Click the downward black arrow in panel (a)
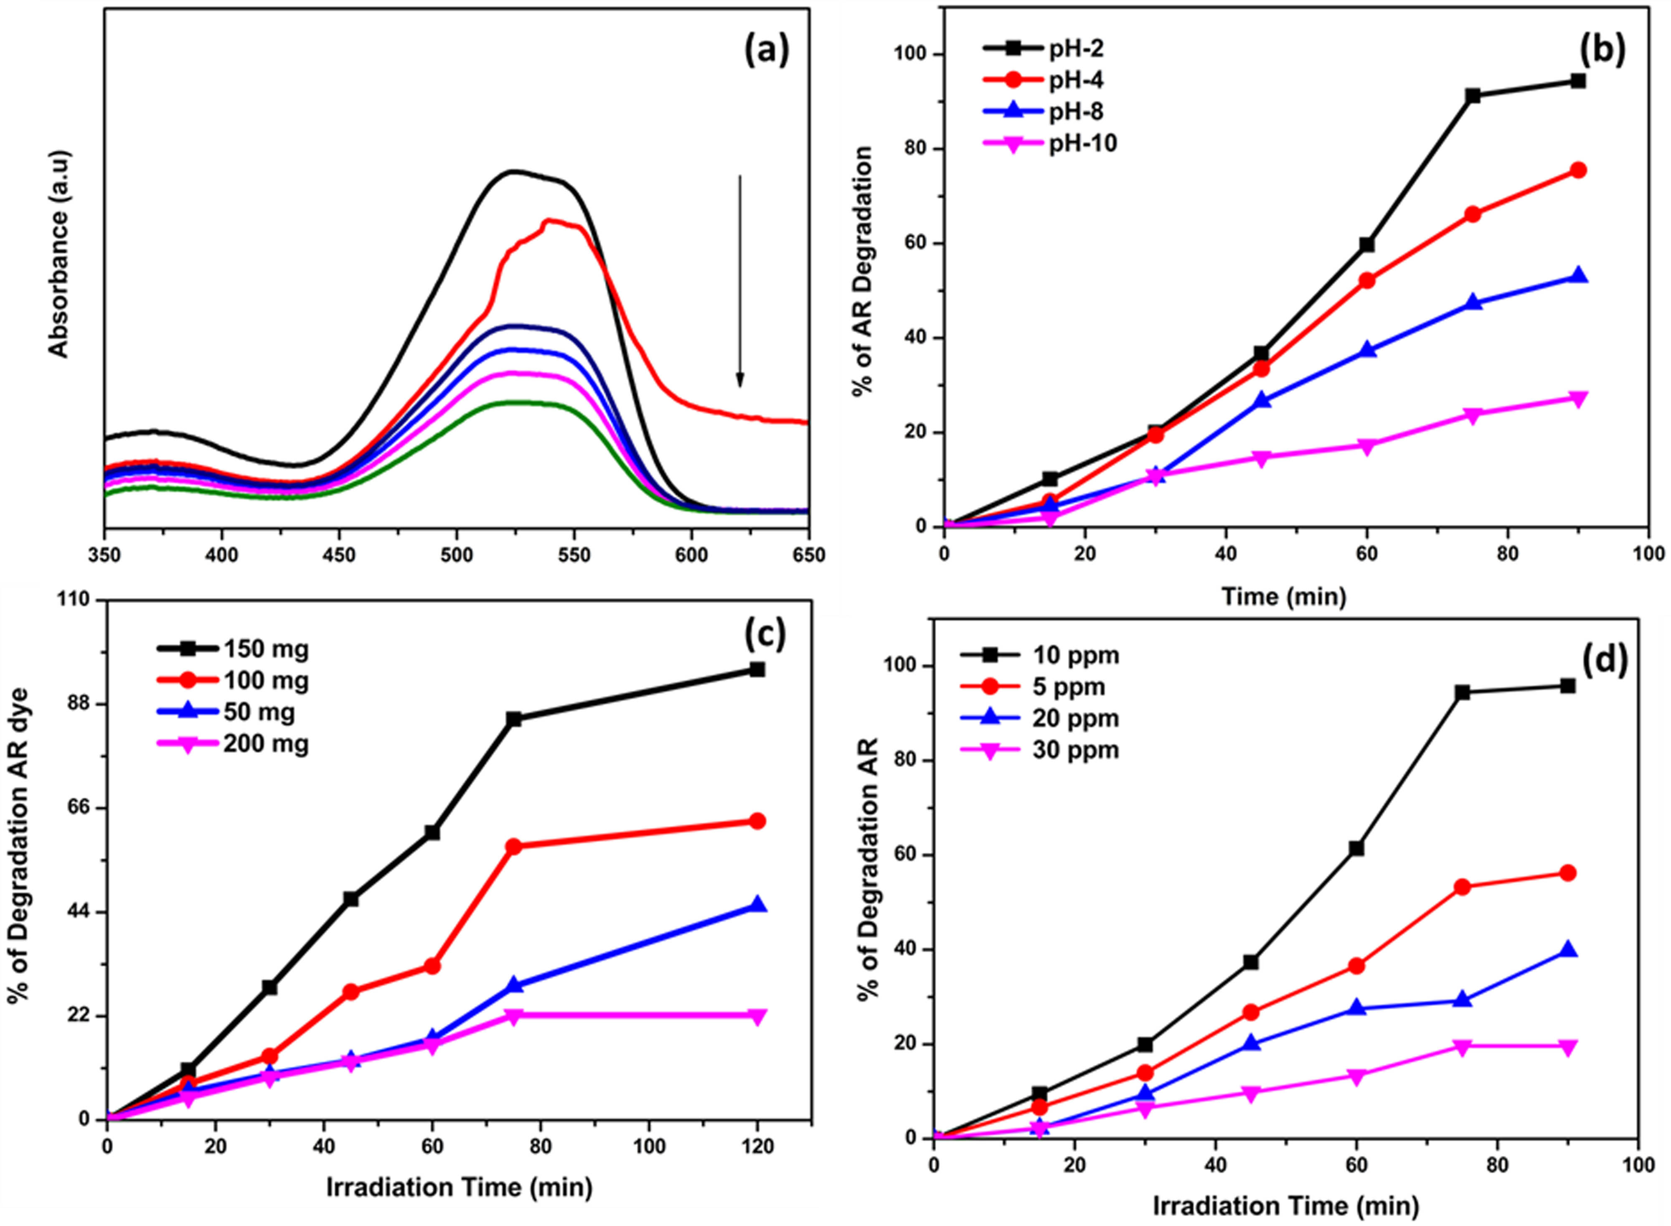tap(739, 282)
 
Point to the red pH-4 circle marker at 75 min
tap(1473, 214)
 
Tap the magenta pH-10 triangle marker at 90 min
tap(1578, 399)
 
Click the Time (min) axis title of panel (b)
tap(1284, 596)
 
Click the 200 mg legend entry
tap(232, 744)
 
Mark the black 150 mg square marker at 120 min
tap(757, 669)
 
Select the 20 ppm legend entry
tap(1039, 718)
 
